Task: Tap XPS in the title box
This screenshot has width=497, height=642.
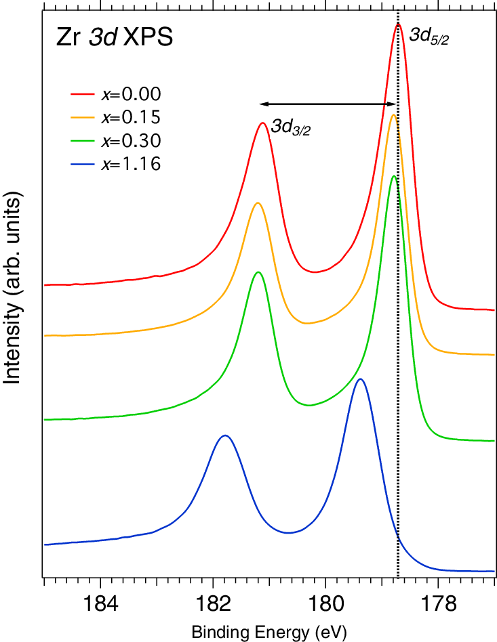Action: click(x=147, y=38)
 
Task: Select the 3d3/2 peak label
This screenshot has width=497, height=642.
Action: click(x=290, y=127)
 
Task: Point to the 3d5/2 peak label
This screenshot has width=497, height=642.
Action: click(x=429, y=37)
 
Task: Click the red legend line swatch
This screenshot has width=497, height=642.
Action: click(x=83, y=94)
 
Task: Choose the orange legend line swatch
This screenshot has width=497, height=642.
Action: click(x=83, y=117)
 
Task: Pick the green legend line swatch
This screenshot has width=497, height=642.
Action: click(x=83, y=141)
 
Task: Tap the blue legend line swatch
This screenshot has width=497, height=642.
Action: click(x=83, y=164)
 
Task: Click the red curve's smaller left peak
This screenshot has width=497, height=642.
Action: click(x=262, y=123)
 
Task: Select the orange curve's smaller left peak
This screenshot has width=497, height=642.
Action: click(x=257, y=202)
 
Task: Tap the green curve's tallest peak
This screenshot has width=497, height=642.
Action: click(x=394, y=176)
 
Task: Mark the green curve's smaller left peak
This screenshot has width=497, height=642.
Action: click(x=257, y=272)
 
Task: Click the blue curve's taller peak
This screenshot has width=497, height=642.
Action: click(x=361, y=379)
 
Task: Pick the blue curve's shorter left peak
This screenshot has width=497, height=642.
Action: click(x=225, y=435)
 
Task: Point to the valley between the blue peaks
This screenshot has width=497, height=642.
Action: click(x=288, y=533)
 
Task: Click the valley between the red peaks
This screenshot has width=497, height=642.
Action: click(x=314, y=272)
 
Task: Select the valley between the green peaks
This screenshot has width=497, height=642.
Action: click(x=309, y=405)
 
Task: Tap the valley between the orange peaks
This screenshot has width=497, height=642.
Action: click(x=307, y=323)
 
